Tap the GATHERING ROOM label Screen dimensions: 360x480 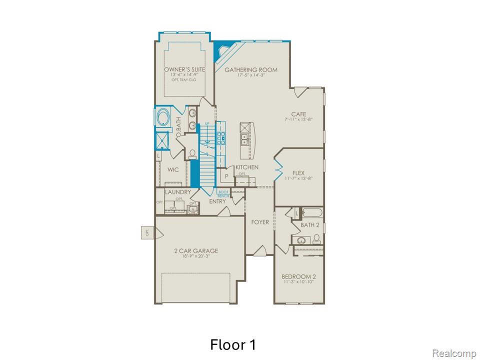point(250,69)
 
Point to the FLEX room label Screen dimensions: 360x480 point(298,173)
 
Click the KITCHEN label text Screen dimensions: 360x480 point(247,167)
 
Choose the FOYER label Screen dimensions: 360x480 point(260,222)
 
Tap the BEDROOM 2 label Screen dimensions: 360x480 point(298,276)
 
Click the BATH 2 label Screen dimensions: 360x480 point(310,225)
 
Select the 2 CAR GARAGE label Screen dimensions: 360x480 point(196,251)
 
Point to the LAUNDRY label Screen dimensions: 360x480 point(178,192)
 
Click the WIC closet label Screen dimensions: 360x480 point(173,170)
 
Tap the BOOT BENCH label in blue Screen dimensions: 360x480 point(223,193)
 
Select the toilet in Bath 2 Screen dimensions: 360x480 point(316,238)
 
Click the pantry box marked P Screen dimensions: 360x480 point(226,176)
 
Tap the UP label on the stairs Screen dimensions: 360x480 point(207,123)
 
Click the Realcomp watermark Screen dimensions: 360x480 point(453,353)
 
